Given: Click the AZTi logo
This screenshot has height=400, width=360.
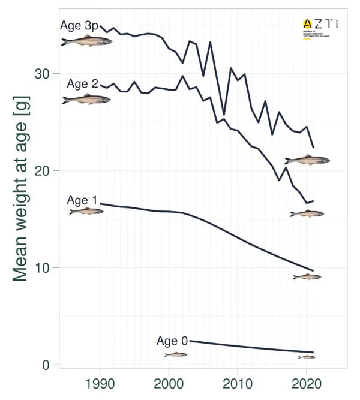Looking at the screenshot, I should pyautogui.click(x=320, y=28).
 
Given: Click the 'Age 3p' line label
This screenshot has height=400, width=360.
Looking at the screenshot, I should pyautogui.click(x=79, y=26).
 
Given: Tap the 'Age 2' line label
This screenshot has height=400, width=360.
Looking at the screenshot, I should pyautogui.click(x=82, y=84).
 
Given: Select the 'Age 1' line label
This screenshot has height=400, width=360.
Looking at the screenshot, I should pyautogui.click(x=82, y=200).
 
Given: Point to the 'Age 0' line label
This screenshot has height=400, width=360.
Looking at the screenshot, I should pyautogui.click(x=172, y=341).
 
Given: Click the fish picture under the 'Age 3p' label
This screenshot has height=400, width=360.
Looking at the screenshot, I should pyautogui.click(x=86, y=41).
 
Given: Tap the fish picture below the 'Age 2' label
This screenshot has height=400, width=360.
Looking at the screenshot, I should pyautogui.click(x=86, y=99).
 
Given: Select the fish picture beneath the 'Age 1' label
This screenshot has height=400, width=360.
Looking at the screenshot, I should pyautogui.click(x=86, y=211).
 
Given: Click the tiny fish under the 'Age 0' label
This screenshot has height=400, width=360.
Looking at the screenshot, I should pyautogui.click(x=176, y=354).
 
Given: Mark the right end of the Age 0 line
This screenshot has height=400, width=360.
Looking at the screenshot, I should pyautogui.click(x=313, y=352).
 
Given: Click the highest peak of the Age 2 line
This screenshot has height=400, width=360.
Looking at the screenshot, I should pyautogui.click(x=182, y=76).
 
